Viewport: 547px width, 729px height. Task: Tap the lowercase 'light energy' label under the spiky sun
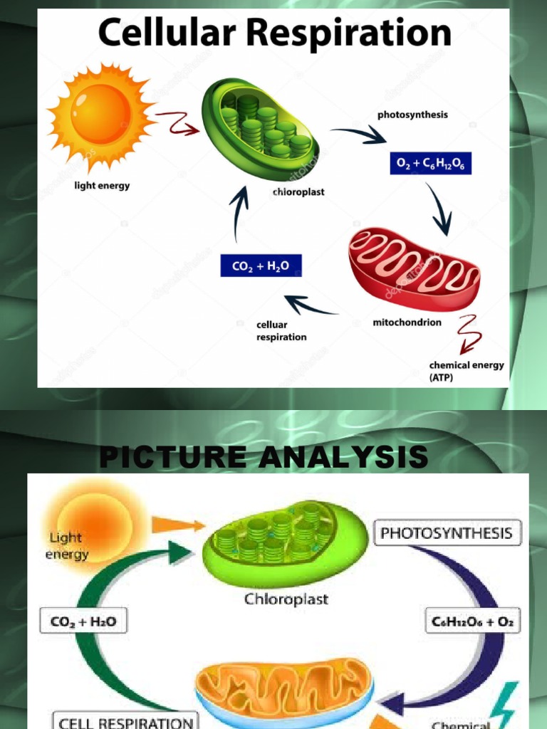pyautogui.click(x=103, y=187)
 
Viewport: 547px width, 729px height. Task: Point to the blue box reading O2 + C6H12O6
pyautogui.click(x=429, y=164)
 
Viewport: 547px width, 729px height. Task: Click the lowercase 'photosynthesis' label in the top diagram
pyautogui.click(x=412, y=115)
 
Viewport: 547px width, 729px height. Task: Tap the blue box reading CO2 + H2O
pyautogui.click(x=261, y=266)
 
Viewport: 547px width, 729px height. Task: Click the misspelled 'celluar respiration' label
pyautogui.click(x=281, y=331)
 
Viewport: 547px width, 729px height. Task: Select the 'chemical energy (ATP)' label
pyautogui.click(x=466, y=371)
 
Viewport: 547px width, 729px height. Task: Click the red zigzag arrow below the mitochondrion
pyautogui.click(x=468, y=333)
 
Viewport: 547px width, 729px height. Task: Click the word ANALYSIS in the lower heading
pyautogui.click(x=344, y=457)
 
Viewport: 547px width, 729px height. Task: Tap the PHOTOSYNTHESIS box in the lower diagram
pyautogui.click(x=447, y=533)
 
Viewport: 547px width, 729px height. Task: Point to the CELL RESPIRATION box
pyautogui.click(x=126, y=722)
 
